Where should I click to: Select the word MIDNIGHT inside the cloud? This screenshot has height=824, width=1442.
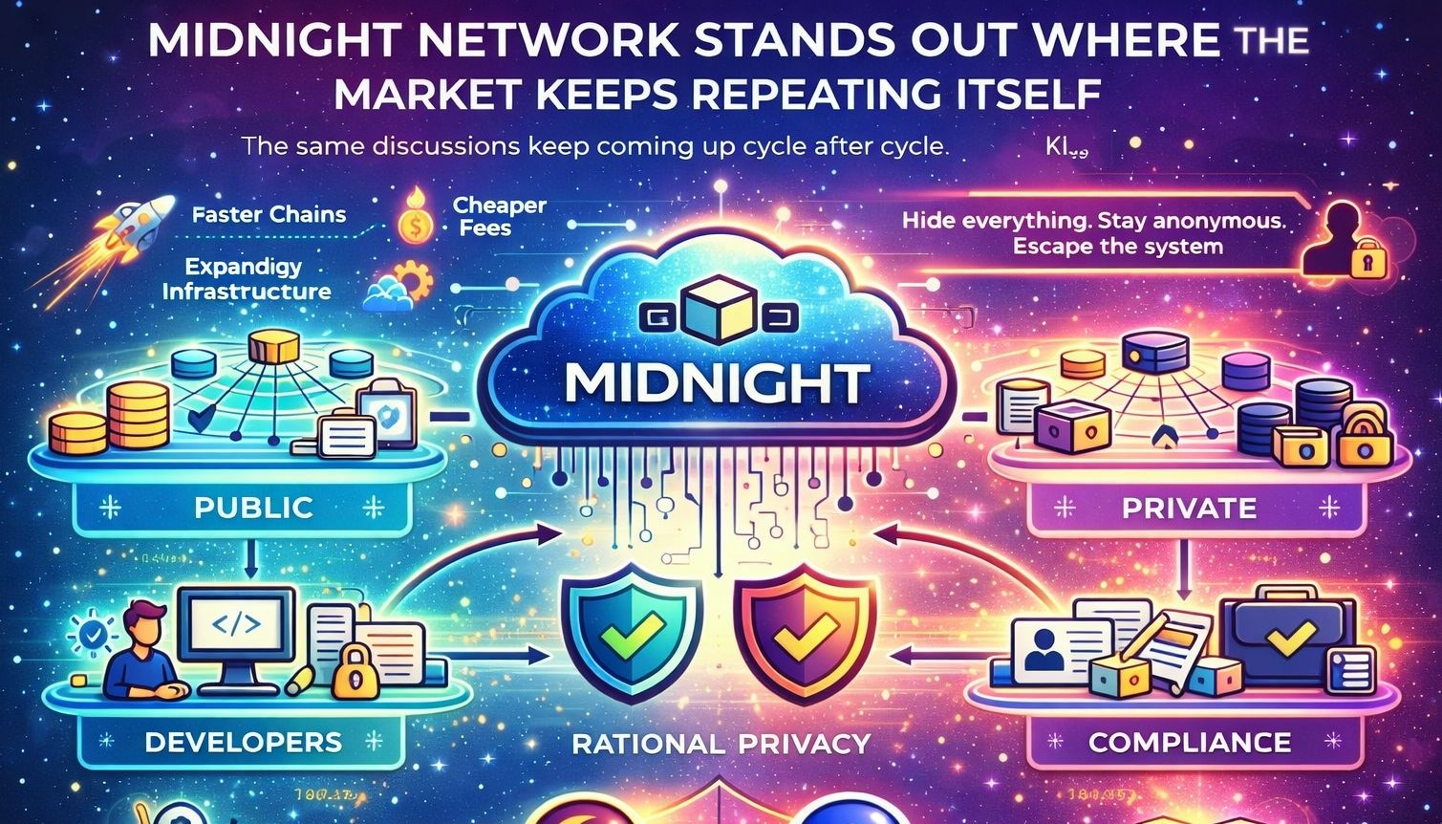(x=717, y=382)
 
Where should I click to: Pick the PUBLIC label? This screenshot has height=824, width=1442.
(x=253, y=507)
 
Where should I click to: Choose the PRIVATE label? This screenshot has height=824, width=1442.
(x=1189, y=507)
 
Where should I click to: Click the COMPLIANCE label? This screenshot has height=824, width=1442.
(x=1189, y=742)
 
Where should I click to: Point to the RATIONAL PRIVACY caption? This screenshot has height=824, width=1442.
(x=721, y=744)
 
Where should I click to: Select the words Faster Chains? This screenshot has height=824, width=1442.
(x=269, y=214)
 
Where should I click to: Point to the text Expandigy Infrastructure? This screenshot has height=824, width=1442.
(x=246, y=278)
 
